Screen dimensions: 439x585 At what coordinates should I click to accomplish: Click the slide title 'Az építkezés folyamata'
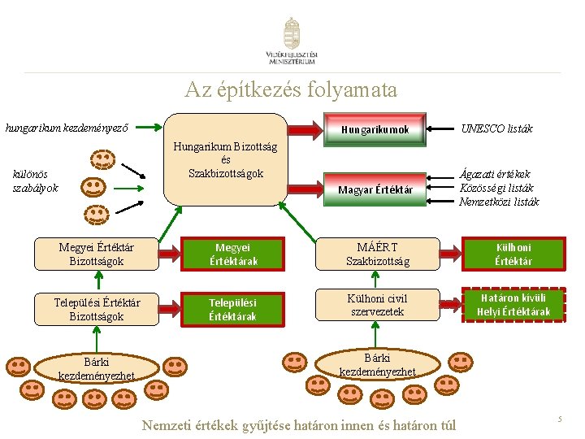(292, 89)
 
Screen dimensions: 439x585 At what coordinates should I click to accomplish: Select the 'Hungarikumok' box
(375, 129)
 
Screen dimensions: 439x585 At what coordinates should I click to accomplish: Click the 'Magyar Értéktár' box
(375, 189)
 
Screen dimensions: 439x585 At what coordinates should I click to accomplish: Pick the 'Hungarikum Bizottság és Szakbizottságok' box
(226, 159)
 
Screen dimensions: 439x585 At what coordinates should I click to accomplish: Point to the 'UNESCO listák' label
(496, 128)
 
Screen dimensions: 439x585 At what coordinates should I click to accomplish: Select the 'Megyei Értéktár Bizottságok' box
(97, 254)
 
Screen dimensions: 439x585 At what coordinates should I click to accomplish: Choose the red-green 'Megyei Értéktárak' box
(232, 254)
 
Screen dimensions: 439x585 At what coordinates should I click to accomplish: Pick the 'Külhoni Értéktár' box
(513, 254)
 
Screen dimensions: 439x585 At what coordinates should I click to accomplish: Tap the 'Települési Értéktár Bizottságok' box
(97, 310)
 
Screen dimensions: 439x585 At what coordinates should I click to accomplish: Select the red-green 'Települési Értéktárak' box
(232, 310)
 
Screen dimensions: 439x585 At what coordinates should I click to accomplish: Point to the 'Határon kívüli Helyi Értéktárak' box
(513, 305)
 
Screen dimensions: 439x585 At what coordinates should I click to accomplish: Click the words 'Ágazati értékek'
(494, 174)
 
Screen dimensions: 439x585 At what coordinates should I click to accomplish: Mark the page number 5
(559, 419)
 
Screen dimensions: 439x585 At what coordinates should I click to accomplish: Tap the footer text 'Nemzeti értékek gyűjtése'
(208, 425)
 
